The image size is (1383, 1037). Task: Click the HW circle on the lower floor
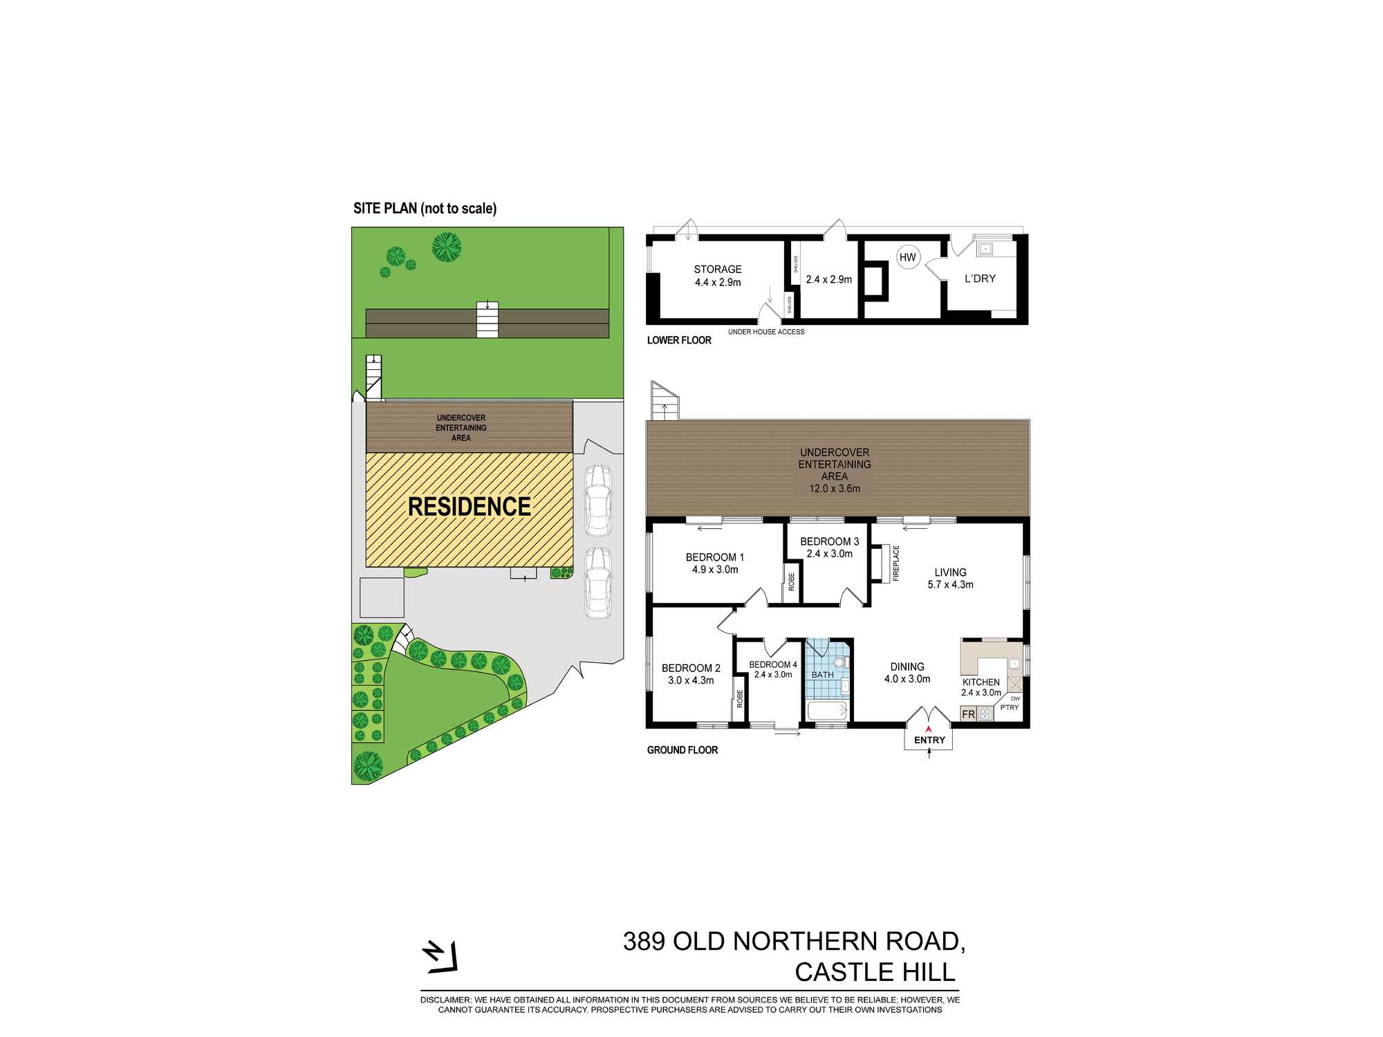[x=907, y=257]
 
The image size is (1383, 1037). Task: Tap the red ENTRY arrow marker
[x=929, y=729]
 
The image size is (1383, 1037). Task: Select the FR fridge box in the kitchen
[x=969, y=714]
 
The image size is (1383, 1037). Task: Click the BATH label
[x=822, y=675]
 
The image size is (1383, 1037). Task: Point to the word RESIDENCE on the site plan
[x=470, y=507]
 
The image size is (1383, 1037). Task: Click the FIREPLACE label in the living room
[x=896, y=563]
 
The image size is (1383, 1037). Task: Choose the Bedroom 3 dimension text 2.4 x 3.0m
[x=830, y=554]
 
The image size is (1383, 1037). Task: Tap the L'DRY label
[x=980, y=279]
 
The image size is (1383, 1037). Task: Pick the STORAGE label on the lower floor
[x=718, y=270]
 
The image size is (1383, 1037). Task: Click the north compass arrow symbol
[x=440, y=957]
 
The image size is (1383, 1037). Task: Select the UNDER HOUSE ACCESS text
[x=766, y=332]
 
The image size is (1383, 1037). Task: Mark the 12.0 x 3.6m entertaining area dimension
[x=835, y=489]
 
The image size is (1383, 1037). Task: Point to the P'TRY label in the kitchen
[x=1009, y=707]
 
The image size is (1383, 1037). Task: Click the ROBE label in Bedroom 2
[x=740, y=698]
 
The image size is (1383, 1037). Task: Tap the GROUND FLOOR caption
[x=683, y=750]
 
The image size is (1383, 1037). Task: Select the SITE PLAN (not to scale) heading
[x=425, y=209]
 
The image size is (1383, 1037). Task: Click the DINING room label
[x=907, y=667]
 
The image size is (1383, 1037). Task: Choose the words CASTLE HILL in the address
[x=875, y=972]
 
